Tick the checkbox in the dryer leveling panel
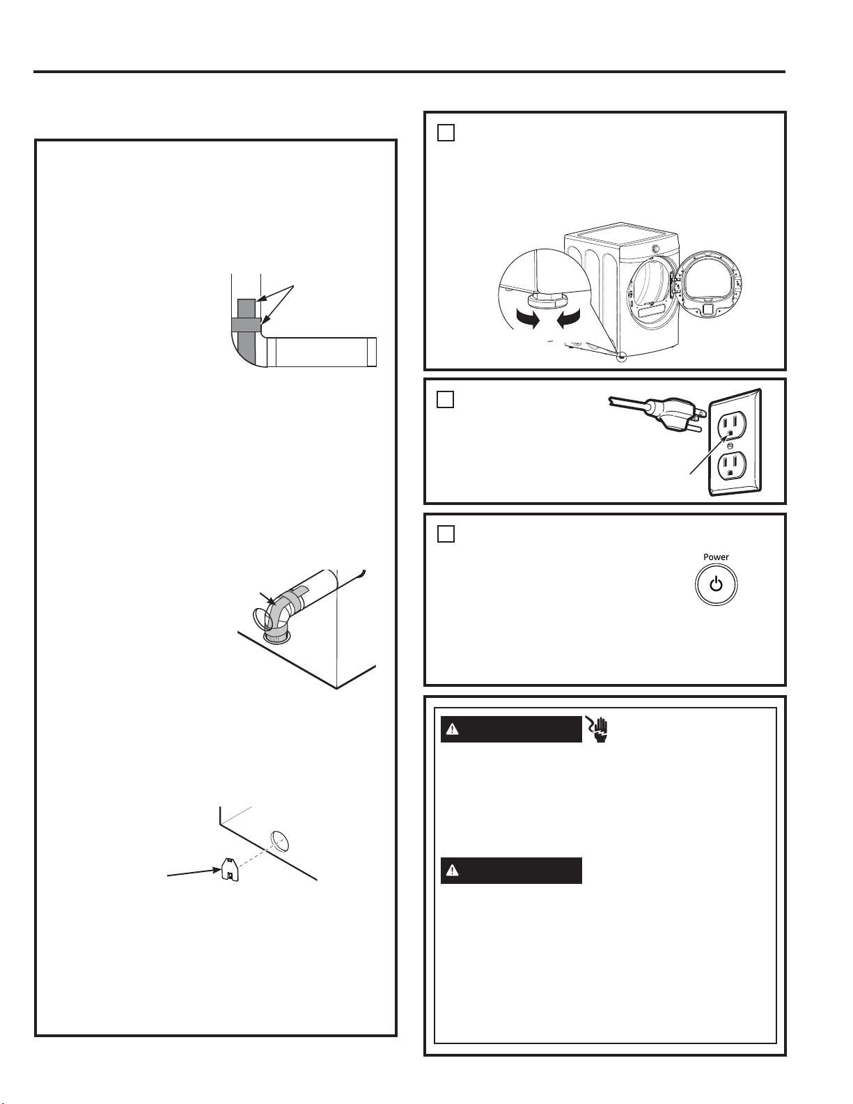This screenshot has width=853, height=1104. point(445,132)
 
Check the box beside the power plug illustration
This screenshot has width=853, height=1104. point(445,400)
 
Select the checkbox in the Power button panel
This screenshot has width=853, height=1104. point(445,534)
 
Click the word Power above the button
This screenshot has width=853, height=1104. point(716,557)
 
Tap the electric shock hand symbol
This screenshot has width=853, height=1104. point(597,729)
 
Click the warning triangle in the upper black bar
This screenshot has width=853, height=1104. point(452,729)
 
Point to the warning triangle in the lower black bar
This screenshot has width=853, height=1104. point(452,870)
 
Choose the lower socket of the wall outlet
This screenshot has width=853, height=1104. point(730,465)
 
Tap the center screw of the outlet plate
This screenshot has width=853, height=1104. point(730,446)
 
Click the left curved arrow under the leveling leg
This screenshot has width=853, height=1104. point(527,320)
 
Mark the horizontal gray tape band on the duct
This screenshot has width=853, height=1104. point(246,324)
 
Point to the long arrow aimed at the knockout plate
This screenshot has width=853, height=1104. point(195,872)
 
